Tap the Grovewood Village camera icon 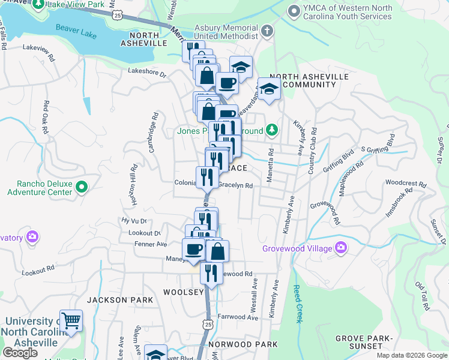(x=341, y=247)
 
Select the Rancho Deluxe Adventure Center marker (x=82, y=188)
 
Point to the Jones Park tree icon (x=272, y=130)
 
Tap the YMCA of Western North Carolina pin (x=294, y=11)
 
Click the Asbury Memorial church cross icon (x=267, y=30)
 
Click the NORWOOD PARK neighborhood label (x=243, y=344)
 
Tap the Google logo (x=20, y=352)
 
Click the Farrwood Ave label (x=238, y=317)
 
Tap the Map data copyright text (x=411, y=355)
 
